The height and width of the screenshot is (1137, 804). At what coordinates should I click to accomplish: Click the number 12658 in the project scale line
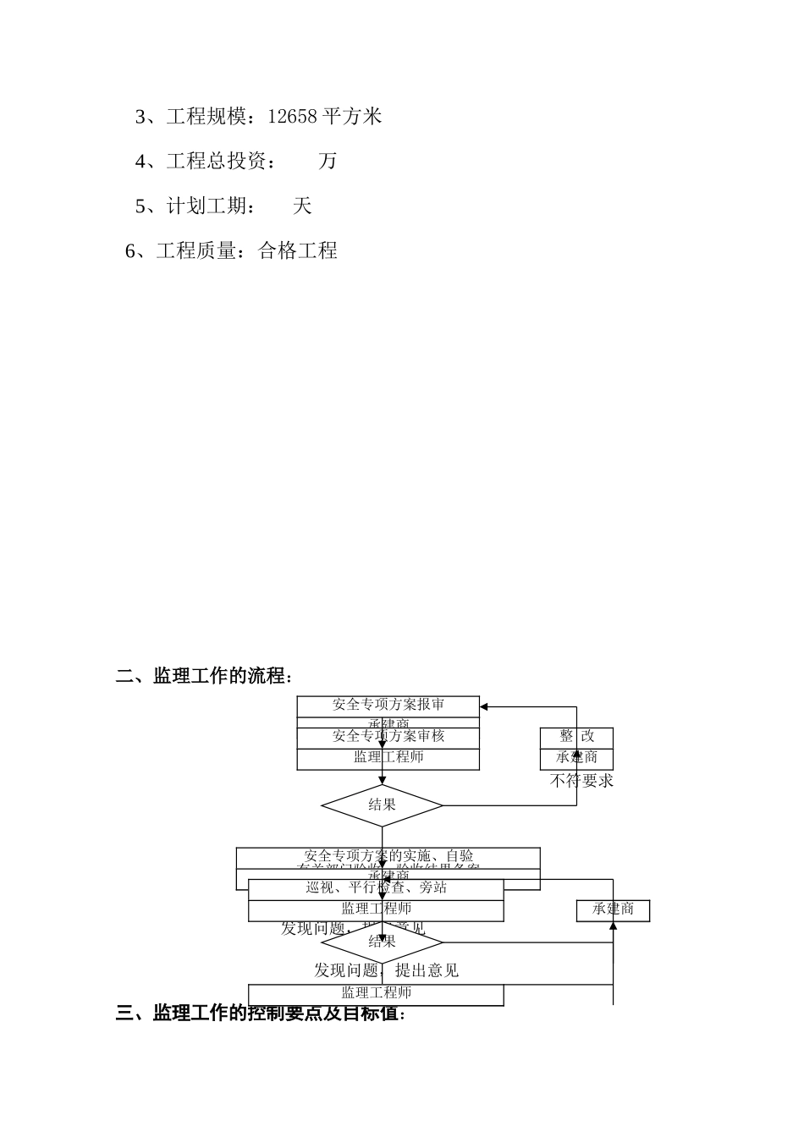pos(292,116)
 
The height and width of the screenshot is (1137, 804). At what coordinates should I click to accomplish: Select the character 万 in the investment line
pos(328,161)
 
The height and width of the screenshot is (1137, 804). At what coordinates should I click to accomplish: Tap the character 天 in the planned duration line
pos(302,206)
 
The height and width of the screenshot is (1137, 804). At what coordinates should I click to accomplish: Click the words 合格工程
pos(298,250)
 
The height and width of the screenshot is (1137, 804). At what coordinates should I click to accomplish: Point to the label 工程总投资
pos(217,161)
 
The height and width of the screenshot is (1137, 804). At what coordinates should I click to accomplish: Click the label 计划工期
pos(207,206)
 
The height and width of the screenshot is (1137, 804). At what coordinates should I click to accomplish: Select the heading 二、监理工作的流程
pos(204,676)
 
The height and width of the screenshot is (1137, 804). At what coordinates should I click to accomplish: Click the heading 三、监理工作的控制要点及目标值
pos(261,1013)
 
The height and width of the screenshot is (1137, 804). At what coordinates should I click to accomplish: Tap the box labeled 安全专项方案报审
pos(388,705)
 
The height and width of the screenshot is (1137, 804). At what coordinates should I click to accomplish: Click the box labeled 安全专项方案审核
pos(388,737)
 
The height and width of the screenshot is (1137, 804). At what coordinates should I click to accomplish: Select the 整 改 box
pos(576,737)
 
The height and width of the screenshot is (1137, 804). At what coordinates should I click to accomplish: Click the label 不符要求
pos(581,781)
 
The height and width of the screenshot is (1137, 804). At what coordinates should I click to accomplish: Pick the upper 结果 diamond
pos(382,805)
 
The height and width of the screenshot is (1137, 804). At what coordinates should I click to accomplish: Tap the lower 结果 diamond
pos(382,942)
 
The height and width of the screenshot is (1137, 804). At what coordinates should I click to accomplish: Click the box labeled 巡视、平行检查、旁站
pos(376,888)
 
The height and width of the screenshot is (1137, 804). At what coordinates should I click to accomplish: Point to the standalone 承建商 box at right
pos(613,909)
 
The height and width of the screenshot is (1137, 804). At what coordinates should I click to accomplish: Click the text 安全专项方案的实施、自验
pos(388,856)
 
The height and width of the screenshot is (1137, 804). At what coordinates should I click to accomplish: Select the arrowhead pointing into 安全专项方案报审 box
pos(484,707)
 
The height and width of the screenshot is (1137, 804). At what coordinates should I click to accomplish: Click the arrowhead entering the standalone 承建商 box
pos(613,926)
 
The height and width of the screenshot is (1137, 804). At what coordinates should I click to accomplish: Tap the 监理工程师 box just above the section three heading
pos(376,993)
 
